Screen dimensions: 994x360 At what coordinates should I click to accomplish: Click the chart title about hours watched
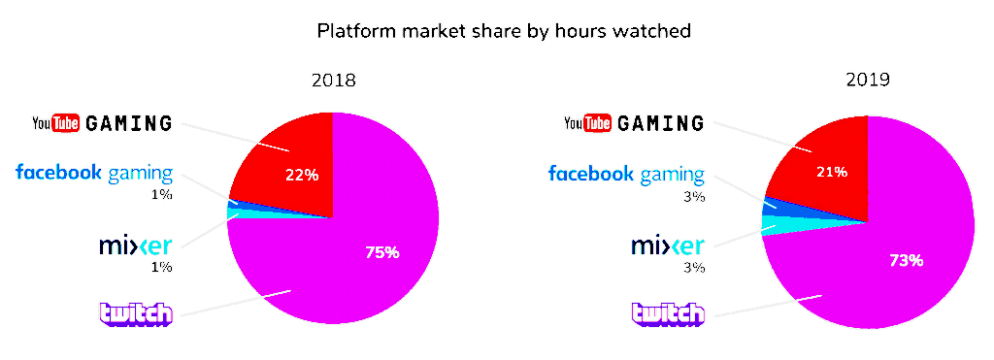[504, 30]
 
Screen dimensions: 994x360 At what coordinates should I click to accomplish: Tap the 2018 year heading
[333, 81]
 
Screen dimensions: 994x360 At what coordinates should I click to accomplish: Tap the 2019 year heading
[867, 80]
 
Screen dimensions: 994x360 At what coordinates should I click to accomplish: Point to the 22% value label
[302, 175]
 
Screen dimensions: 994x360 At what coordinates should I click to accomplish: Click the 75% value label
[382, 252]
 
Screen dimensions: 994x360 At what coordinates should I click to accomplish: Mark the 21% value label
[831, 171]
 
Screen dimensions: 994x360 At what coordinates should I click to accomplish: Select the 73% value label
[906, 260]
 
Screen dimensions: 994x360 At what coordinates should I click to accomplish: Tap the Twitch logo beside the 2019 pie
[668, 314]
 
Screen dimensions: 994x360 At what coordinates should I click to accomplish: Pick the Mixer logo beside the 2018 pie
[136, 245]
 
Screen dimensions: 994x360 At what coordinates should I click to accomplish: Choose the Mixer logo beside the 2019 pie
[668, 245]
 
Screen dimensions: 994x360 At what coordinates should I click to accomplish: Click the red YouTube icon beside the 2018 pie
[65, 123]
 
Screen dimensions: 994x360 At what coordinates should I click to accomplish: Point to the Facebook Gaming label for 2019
[626, 174]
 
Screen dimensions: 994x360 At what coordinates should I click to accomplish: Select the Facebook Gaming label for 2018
[94, 173]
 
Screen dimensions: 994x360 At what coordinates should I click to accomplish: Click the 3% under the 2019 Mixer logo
[695, 267]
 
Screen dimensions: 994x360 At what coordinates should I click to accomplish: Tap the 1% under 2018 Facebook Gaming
[162, 195]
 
